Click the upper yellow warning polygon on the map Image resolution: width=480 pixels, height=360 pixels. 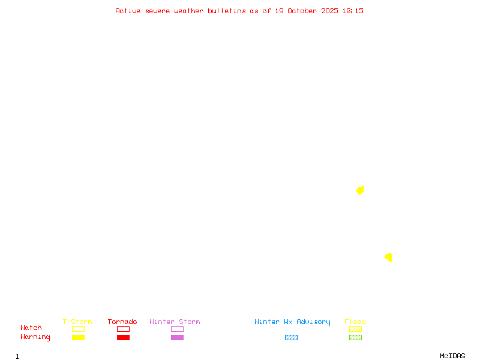tap(360, 190)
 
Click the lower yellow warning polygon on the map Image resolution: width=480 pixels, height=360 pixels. tap(389, 257)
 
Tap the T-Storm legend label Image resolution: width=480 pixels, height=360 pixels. tap(77, 322)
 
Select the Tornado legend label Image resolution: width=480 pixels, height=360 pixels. tap(122, 322)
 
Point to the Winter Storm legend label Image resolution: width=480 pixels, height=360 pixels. tap(175, 322)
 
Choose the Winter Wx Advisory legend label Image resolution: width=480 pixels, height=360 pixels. tap(292, 322)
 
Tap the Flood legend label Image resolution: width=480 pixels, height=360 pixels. tap(355, 322)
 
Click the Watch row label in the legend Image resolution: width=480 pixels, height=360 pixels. tap(31, 328)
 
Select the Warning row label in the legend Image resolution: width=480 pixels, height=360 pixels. tap(35, 337)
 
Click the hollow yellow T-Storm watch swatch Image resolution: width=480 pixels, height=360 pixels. tap(78, 329)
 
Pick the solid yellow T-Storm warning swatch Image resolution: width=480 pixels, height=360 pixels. tap(78, 337)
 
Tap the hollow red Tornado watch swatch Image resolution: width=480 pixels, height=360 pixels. tap(123, 329)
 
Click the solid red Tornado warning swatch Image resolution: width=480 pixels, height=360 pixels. tap(123, 337)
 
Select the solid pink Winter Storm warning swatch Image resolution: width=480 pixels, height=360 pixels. tap(177, 337)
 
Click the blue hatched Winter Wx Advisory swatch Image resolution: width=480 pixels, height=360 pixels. tap(291, 337)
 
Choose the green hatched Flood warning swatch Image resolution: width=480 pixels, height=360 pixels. tap(355, 337)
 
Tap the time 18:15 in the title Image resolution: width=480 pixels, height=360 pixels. tap(353, 11)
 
